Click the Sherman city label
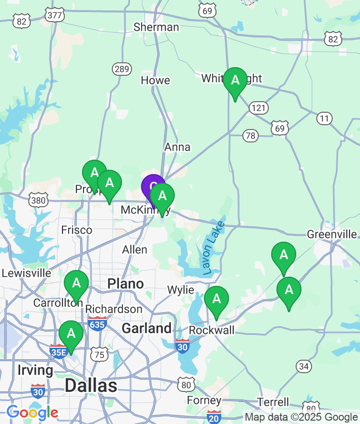(x=156, y=27)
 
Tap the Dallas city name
(x=91, y=385)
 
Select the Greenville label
(x=332, y=234)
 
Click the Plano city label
(x=125, y=283)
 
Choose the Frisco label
(x=77, y=230)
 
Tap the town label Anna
(x=177, y=147)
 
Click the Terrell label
(x=273, y=402)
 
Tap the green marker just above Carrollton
(x=76, y=283)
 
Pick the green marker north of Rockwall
(x=216, y=299)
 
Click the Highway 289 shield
(x=122, y=70)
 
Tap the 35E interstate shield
(x=58, y=351)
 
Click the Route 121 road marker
(x=258, y=108)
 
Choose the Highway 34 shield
(x=304, y=366)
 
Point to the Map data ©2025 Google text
(x=301, y=417)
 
